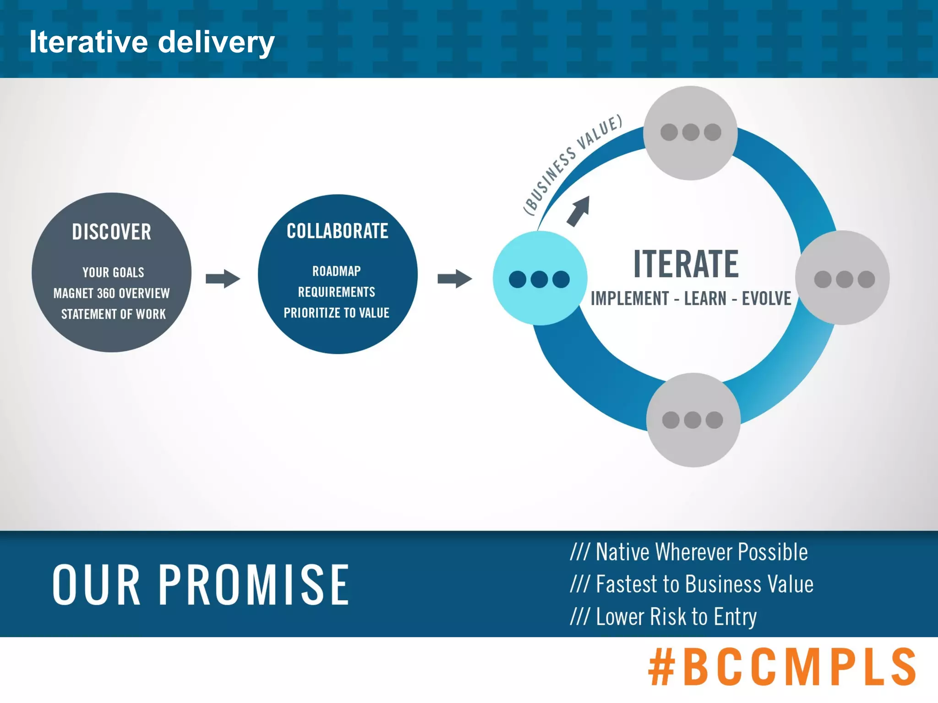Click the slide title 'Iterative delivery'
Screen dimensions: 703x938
152,42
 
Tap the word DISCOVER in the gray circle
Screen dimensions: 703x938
111,232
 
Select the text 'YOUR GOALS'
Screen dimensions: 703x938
113,272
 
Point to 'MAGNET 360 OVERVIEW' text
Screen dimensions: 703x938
111,293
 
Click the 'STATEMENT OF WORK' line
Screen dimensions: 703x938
113,314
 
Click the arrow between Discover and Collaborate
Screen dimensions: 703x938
223,278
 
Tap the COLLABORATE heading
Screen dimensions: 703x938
337,231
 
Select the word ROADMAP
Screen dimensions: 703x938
337,271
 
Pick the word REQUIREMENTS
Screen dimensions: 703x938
337,292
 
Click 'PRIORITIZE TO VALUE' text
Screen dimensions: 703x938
337,313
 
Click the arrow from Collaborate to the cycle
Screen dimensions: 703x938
454,278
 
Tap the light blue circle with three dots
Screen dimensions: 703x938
539,279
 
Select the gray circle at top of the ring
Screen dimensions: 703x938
690,133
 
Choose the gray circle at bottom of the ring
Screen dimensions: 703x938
693,420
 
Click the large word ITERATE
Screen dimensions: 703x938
686,264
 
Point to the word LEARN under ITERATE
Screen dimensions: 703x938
705,298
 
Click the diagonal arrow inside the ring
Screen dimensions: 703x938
578,211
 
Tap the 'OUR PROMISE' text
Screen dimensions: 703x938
201,584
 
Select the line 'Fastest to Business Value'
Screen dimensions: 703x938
692,584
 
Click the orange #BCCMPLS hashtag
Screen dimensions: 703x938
782,667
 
